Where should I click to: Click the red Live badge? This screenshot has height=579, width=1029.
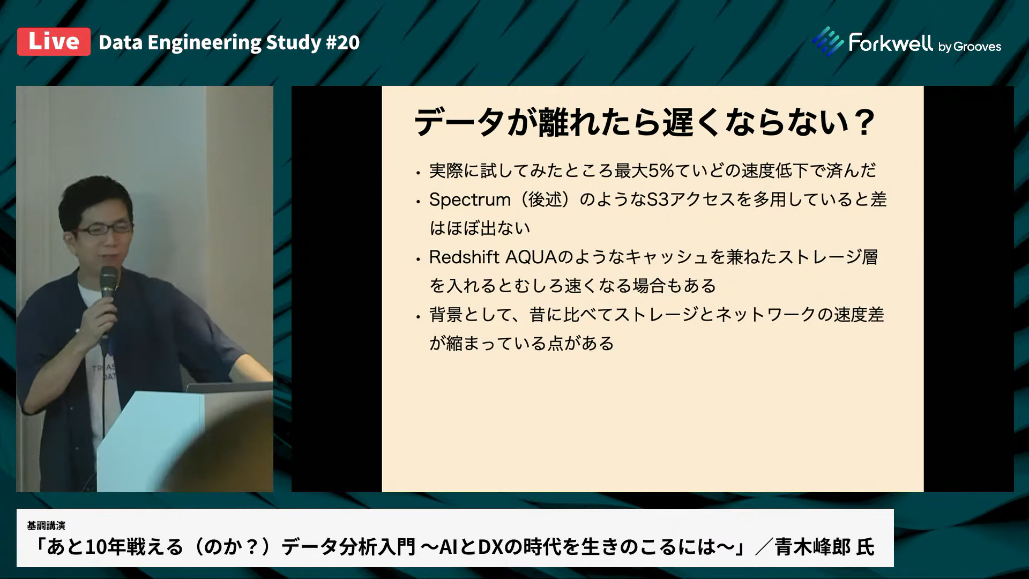coord(54,42)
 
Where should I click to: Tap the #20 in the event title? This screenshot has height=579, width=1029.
coord(342,42)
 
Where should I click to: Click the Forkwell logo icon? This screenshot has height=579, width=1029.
coord(828,41)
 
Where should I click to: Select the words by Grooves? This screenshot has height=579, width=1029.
coord(970,47)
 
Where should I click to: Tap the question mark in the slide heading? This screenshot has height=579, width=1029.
coord(863,123)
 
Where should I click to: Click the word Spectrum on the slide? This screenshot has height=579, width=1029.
coord(470,199)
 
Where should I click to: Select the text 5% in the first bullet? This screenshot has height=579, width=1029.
coord(661,170)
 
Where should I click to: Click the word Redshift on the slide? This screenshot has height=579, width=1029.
coord(464,257)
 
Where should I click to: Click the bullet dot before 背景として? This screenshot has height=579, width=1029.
coord(418,317)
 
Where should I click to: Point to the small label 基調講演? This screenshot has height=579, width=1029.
coord(46,525)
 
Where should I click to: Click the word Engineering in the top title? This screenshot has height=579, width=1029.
coord(204,42)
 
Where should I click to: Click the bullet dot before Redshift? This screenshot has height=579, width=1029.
coord(418,259)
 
